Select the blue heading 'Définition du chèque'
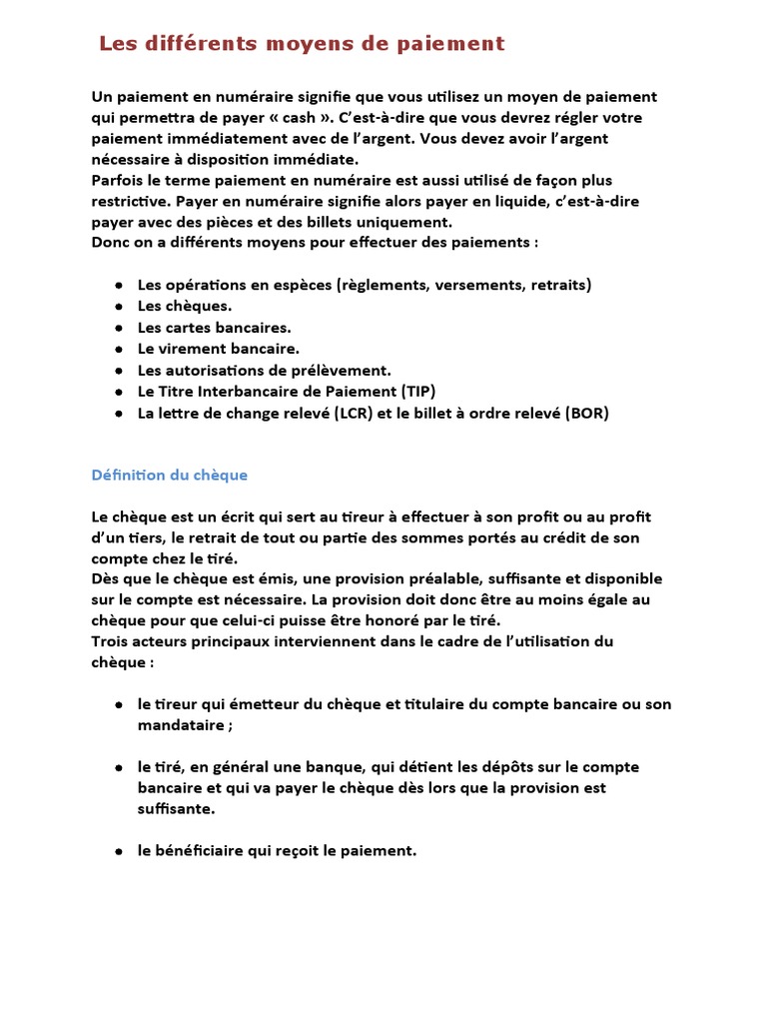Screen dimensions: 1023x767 [x=169, y=475]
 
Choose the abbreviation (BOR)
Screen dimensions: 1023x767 [x=585, y=413]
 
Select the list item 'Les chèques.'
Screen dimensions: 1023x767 [x=185, y=307]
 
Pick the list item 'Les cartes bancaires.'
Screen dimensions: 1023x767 [x=215, y=328]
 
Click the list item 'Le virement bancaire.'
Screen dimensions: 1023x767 [x=219, y=349]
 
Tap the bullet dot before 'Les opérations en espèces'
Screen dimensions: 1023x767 [x=119, y=286]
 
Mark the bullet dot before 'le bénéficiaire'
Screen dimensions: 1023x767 [x=119, y=851]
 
